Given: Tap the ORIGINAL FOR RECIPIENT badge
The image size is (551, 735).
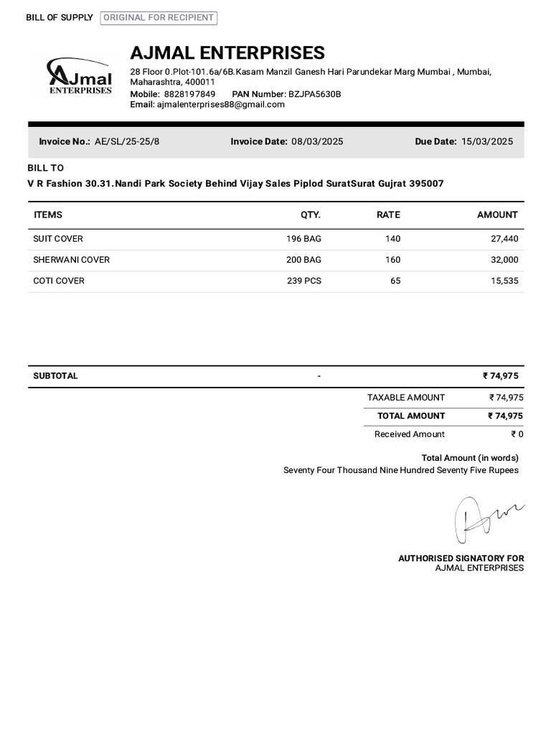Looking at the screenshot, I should click(x=159, y=18).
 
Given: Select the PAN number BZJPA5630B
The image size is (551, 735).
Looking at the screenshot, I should click(x=314, y=94).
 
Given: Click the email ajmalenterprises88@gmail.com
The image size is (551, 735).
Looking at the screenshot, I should click(x=220, y=104).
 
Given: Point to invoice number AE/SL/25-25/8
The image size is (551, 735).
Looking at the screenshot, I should click(x=127, y=141).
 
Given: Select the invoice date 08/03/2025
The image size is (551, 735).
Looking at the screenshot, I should click(x=317, y=141).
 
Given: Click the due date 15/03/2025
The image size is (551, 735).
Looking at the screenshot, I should click(x=487, y=141).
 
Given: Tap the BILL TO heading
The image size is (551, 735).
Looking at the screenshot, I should click(x=45, y=168).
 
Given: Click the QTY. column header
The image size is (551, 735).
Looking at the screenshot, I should click(x=311, y=215).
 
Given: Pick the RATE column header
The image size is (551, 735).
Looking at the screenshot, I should click(x=388, y=215).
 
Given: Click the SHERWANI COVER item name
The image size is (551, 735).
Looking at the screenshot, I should click(x=71, y=260).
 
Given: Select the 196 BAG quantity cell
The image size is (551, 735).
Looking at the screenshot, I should click(x=303, y=239).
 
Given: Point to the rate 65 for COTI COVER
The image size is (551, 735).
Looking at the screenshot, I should click(x=395, y=281).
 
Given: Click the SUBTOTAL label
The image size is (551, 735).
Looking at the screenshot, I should click(x=55, y=376).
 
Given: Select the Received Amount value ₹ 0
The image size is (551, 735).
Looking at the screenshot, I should click(x=517, y=434).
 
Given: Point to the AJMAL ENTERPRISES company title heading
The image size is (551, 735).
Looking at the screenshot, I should click(x=227, y=53).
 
